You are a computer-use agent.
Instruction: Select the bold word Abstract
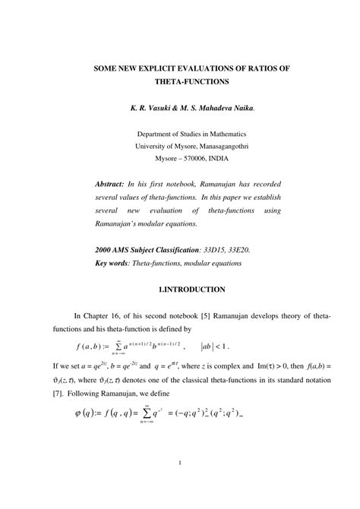point(112,185)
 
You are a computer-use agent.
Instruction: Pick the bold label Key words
point(114,263)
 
